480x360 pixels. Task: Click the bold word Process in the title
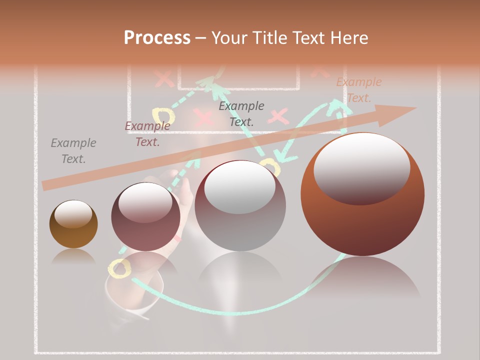(x=157, y=38)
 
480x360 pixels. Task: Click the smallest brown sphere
(x=73, y=224)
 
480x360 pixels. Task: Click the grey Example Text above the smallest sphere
(x=73, y=151)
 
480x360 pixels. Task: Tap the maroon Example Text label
(x=147, y=134)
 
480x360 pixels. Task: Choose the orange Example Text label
(x=358, y=90)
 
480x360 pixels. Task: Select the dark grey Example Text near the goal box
(x=241, y=113)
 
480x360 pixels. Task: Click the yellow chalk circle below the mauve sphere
(x=120, y=268)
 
